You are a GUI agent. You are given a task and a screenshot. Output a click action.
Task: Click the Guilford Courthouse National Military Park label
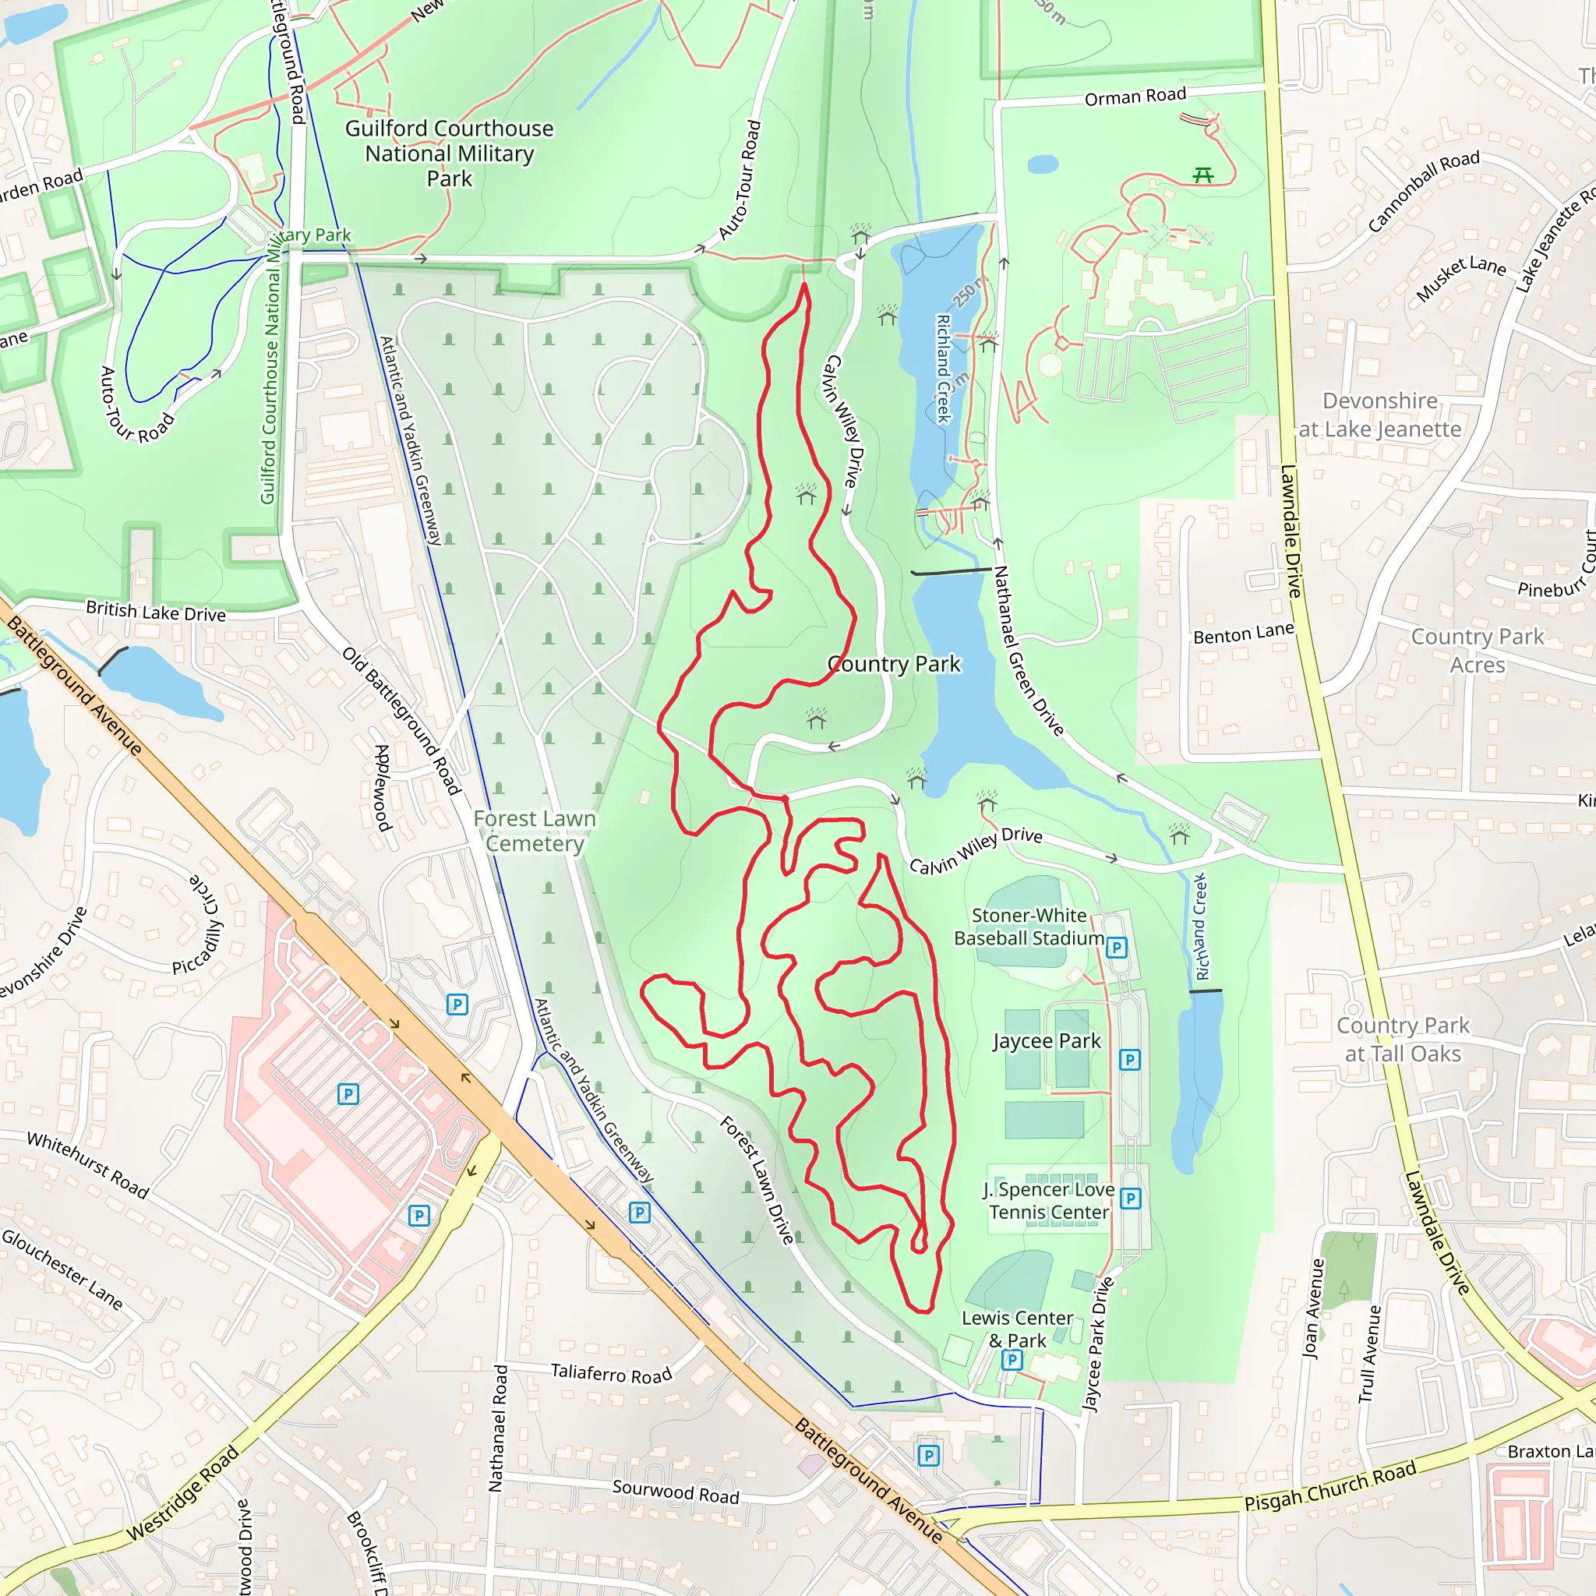pos(450,154)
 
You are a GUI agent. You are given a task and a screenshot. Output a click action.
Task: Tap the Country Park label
pos(894,664)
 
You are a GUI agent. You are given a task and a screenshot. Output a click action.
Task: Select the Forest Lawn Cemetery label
pos(535,831)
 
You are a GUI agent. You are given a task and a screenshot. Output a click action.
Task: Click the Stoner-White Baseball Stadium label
pos(1029,927)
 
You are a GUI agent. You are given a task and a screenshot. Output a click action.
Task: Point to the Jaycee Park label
pos(1047,1041)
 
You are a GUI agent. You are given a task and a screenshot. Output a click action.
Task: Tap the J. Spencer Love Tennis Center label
pos(1048,1201)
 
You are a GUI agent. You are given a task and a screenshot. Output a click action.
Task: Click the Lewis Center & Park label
pos(1017,1329)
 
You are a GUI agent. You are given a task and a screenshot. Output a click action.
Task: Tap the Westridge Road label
pos(182,1492)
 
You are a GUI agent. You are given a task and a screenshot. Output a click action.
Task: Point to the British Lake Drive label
pos(155,612)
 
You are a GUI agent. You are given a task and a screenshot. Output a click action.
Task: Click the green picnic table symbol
pos(1202,175)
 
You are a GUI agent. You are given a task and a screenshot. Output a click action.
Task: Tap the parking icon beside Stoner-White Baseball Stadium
pos(1116,948)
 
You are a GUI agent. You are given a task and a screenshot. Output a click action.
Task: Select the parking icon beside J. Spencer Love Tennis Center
pos(1131,1198)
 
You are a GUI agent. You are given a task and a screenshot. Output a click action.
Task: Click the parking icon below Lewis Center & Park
pos(1011,1359)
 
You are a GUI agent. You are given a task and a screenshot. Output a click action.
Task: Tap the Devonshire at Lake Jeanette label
pos(1379,415)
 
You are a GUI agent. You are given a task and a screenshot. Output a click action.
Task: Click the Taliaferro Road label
pos(611,1374)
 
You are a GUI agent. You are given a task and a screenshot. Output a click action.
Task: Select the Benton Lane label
pos(1243,634)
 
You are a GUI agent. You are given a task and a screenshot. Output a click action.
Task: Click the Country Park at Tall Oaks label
pos(1403,1040)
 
